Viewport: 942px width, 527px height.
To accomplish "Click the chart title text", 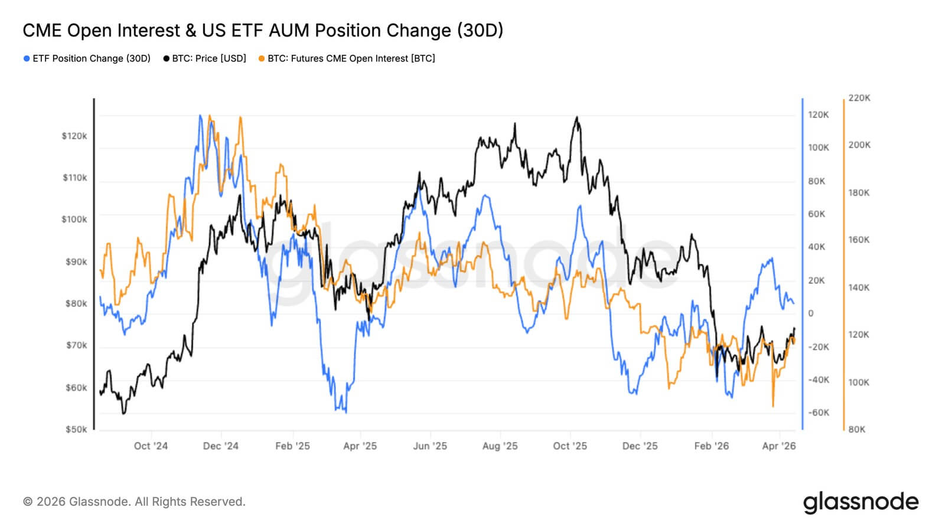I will click(x=263, y=30).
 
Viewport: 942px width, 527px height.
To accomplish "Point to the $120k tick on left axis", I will click(x=74, y=136).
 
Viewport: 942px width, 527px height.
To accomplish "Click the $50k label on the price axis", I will click(x=76, y=429).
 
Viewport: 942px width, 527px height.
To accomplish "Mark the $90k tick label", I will click(x=76, y=261).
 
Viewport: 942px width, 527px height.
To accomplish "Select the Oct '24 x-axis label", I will click(x=151, y=446).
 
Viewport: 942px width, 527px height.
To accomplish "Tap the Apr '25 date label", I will click(x=360, y=446).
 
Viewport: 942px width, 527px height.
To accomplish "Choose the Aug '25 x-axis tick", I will click(x=500, y=446).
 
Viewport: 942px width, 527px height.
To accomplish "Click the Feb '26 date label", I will click(x=711, y=446).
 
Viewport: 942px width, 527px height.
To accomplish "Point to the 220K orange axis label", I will click(x=859, y=98).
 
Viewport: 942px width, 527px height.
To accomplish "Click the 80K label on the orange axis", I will click(x=856, y=429).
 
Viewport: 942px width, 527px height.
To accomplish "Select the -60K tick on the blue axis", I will click(x=818, y=413).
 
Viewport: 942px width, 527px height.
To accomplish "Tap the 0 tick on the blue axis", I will click(x=811, y=313).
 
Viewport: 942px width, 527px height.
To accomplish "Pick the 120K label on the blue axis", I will click(x=818, y=114).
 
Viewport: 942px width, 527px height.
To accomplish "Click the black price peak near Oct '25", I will click(x=576, y=117).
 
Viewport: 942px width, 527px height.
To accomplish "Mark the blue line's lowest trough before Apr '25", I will click(x=345, y=412).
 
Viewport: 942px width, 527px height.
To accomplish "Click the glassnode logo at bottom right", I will click(x=860, y=502).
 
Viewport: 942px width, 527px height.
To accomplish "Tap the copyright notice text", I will click(x=134, y=502).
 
